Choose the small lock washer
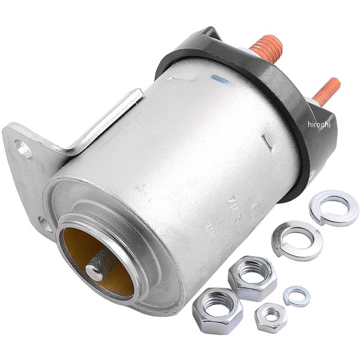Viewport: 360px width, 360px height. click(296, 295)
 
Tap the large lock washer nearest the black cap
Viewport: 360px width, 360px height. click(334, 207)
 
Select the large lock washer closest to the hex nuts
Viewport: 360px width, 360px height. click(296, 239)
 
